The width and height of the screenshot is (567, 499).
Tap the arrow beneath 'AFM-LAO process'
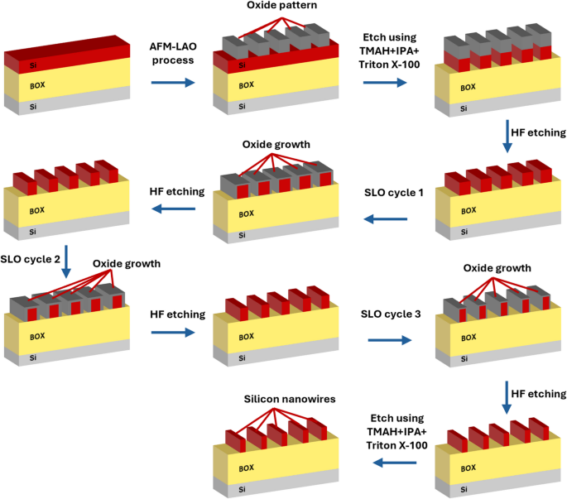click(x=174, y=83)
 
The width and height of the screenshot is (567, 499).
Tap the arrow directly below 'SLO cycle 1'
click(x=387, y=219)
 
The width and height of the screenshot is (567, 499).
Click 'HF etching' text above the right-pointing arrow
click(x=172, y=315)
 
